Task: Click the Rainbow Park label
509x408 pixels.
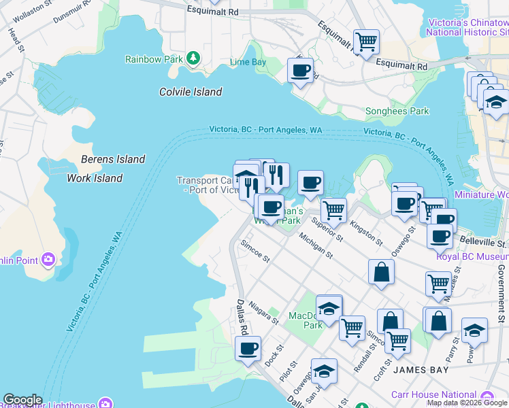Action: pyautogui.click(x=154, y=59)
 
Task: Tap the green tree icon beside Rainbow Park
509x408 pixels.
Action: pyautogui.click(x=194, y=58)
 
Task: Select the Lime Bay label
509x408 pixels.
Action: pyautogui.click(x=248, y=62)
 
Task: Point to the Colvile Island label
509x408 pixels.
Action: pyautogui.click(x=191, y=92)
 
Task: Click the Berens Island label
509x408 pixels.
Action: pyautogui.click(x=113, y=159)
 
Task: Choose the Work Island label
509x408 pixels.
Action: pyautogui.click(x=95, y=178)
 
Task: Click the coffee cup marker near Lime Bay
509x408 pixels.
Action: pyautogui.click(x=300, y=70)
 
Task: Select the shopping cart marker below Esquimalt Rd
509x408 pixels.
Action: pyautogui.click(x=367, y=41)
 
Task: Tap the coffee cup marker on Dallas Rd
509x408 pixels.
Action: pyautogui.click(x=248, y=350)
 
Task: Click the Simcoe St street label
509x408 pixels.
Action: pyautogui.click(x=256, y=254)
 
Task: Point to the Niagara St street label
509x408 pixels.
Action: pyautogui.click(x=264, y=312)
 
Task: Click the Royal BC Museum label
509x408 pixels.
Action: pyautogui.click(x=472, y=256)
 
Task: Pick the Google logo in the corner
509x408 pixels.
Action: pyautogui.click(x=22, y=400)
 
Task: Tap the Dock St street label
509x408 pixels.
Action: pyautogui.click(x=273, y=356)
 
